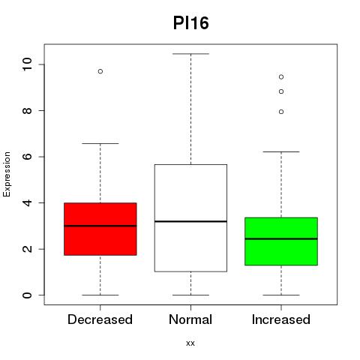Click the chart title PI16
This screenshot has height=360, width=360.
(190, 23)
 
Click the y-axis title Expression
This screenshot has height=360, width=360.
(7, 174)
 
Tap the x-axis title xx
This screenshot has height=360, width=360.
(190, 343)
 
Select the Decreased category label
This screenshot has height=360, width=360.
(100, 319)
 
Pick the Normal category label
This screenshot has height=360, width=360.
(190, 319)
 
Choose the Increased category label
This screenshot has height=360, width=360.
(281, 319)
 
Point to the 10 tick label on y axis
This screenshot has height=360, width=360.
(27, 64)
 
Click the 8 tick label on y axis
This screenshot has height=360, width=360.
(27, 110)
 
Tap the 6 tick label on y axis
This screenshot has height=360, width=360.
(27, 157)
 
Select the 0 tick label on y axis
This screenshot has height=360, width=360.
(27, 295)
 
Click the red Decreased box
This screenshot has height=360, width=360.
(100, 229)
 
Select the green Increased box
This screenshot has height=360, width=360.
(281, 241)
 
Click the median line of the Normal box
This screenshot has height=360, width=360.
(190, 221)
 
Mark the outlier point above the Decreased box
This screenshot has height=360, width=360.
(100, 71)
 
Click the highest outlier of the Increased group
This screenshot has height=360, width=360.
(281, 77)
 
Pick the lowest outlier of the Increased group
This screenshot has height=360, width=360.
(281, 112)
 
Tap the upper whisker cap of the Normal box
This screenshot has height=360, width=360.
(190, 54)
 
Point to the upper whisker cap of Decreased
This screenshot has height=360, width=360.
(100, 143)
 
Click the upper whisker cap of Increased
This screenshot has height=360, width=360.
(281, 151)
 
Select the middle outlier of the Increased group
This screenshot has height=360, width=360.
(281, 91)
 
